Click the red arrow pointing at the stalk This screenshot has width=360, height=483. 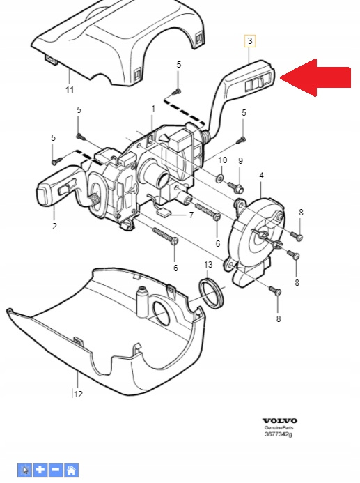click(315, 77)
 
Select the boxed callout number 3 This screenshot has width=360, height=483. click(250, 40)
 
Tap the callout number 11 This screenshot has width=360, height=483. click(70, 90)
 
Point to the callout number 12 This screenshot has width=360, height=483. click(78, 394)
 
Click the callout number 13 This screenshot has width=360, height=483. click(208, 265)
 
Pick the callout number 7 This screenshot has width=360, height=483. click(191, 215)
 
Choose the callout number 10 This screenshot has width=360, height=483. click(222, 160)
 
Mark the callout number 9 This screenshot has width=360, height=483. click(241, 160)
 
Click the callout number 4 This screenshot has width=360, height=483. click(261, 176)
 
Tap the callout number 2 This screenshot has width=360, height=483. click(54, 226)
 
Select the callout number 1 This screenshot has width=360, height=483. click(153, 109)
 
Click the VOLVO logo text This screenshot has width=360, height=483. click(280, 421)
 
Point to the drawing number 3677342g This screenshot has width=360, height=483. click(279, 434)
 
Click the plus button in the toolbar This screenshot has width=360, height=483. click(40, 470)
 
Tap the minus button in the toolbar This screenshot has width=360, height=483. click(56, 470)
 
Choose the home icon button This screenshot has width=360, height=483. click(71, 470)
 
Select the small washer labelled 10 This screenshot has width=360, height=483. click(220, 178)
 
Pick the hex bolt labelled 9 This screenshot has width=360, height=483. click(235, 187)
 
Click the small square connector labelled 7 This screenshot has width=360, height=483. click(163, 212)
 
